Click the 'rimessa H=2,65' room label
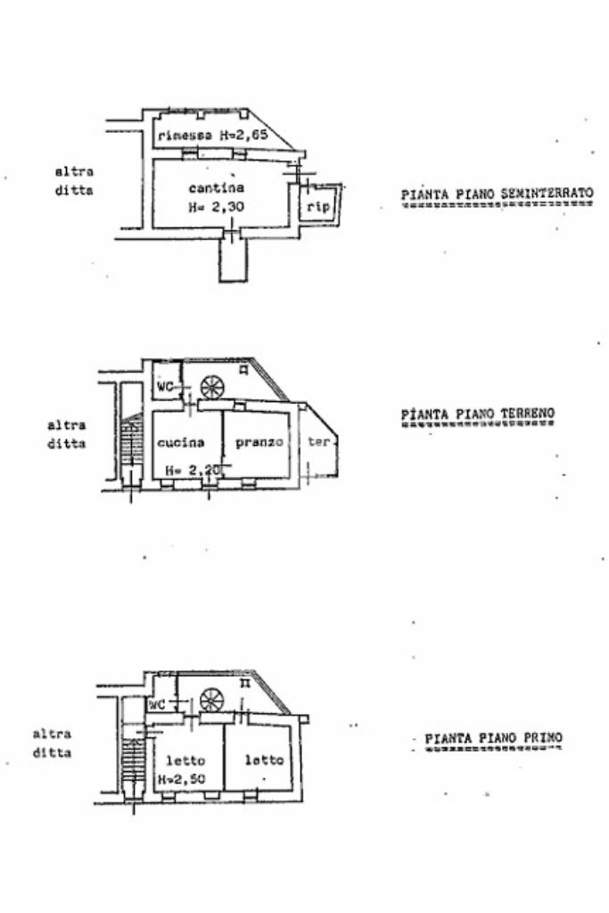tap(213, 136)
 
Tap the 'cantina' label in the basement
tap(217, 188)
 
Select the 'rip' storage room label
tap(319, 206)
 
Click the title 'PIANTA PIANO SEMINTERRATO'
tap(497, 193)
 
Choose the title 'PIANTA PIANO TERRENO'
tap(477, 414)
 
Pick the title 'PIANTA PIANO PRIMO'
tap(493, 738)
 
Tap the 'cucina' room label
tap(181, 442)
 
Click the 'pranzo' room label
tap(259, 441)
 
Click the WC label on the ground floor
tap(165, 387)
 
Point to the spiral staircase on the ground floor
tap(212, 387)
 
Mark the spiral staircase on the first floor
tap(212, 700)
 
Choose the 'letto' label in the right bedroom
tap(264, 761)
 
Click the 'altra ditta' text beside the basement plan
tap(74, 181)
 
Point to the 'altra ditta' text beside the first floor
tap(53, 744)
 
